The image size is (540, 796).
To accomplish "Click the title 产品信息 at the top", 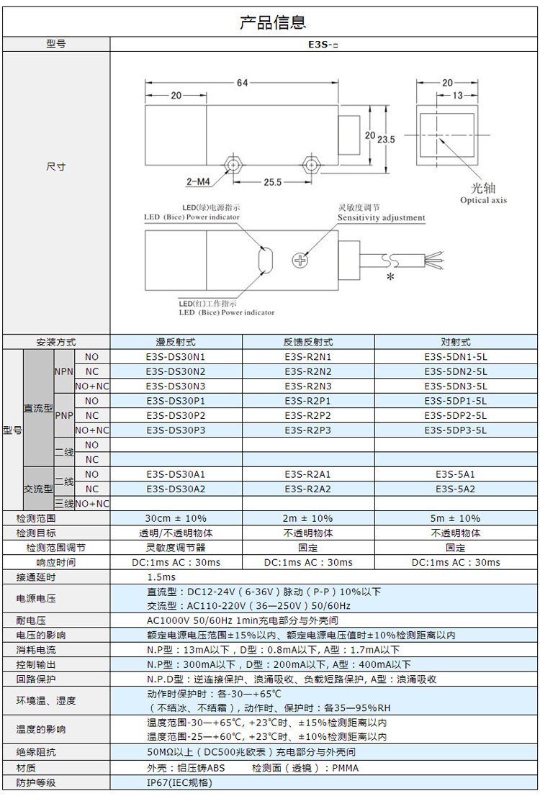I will coord(272,22).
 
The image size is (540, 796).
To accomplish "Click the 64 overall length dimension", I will coord(242,83).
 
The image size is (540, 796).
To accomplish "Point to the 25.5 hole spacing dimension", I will coord(272,183).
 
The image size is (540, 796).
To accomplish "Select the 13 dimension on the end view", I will coord(457,96).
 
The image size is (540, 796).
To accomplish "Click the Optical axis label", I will coord(483,201).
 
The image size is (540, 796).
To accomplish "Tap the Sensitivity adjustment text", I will coord(381,218).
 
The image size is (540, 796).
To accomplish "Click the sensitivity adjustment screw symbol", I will coord(300,261).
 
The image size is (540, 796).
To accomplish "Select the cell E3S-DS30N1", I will coord(175,357).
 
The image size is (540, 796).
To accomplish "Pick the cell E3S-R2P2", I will coord(307,415).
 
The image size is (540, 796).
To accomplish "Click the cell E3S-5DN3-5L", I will coord(456,386).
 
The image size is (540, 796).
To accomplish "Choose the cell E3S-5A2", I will coord(456,489).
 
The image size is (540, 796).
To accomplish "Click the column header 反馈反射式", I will coord(307,343).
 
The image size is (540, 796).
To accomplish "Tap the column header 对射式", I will coord(456,343).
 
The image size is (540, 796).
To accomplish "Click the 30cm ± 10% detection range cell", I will coord(175,518).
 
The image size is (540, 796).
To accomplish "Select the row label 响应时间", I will coord(55,562).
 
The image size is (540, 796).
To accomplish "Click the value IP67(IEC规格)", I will coord(179,782).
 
